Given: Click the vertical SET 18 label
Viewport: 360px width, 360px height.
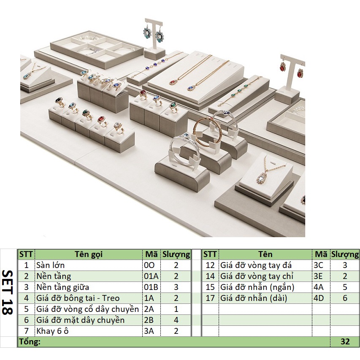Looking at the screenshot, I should [x=8, y=292].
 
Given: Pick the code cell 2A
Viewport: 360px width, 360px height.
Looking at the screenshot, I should [x=150, y=309].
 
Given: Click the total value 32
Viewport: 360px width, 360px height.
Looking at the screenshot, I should [x=345, y=342].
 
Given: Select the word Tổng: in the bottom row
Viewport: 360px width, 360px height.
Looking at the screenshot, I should [x=30, y=342].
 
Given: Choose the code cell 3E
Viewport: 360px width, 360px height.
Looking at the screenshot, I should [x=321, y=276].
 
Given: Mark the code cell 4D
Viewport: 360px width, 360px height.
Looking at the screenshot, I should [x=321, y=298].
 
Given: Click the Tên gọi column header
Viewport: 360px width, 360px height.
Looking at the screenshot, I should [x=89, y=254].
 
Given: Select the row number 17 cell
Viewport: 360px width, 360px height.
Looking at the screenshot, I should [x=210, y=298].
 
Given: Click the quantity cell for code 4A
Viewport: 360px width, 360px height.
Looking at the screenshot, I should [x=345, y=287].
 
